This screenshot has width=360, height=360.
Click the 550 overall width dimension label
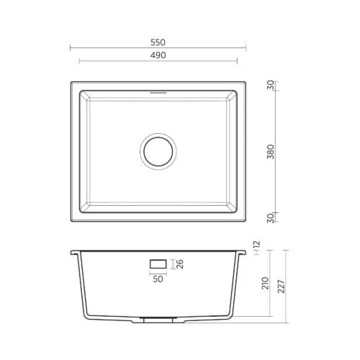pos(158,42)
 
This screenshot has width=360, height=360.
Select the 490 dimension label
pos(158,55)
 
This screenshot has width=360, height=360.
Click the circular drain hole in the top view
pos(158,151)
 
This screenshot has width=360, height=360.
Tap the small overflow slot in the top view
pos(158,93)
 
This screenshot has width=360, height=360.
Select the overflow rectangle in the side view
pos(158,264)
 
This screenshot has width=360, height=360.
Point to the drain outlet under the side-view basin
pos(158,316)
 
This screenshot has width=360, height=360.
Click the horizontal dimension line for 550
pos(108,48)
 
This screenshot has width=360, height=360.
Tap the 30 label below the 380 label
pos(270,217)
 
